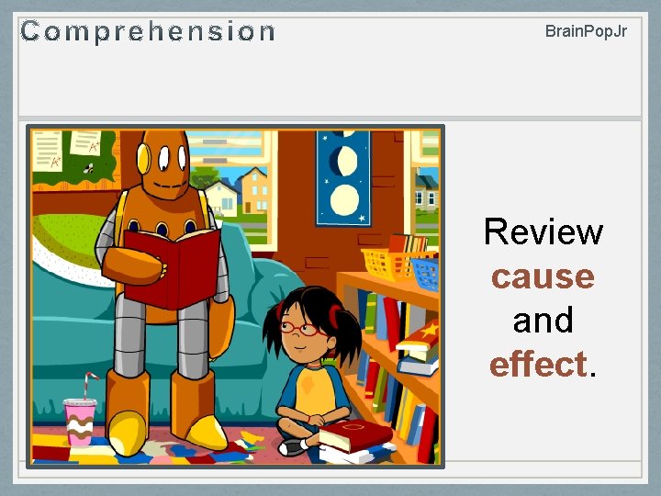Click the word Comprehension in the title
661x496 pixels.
pyautogui.click(x=148, y=32)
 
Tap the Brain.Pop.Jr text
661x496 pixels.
pyautogui.click(x=586, y=31)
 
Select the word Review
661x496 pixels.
pyautogui.click(x=543, y=231)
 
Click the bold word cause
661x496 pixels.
pyautogui.click(x=543, y=276)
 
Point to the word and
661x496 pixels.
pyautogui.click(x=543, y=320)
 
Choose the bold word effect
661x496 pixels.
pyautogui.click(x=539, y=364)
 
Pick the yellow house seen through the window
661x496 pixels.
pyautogui.click(x=253, y=192)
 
